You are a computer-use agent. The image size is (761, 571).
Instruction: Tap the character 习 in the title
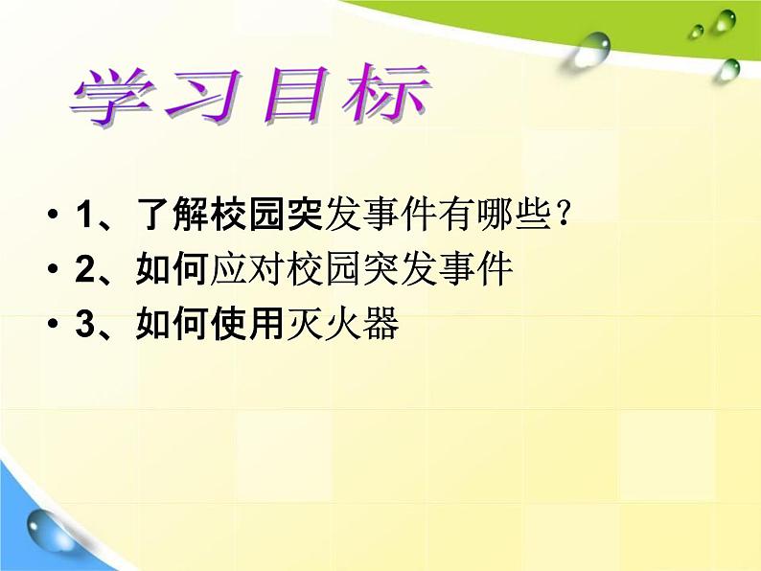click(203, 95)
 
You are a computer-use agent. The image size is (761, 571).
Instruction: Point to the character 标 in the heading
click(385, 93)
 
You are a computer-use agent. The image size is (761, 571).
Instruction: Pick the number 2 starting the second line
click(85, 269)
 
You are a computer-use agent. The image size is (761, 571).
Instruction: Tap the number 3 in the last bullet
click(85, 323)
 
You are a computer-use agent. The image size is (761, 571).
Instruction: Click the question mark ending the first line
click(564, 215)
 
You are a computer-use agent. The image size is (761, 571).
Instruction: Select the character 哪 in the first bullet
click(496, 215)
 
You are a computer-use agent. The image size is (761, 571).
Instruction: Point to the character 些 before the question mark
click(534, 215)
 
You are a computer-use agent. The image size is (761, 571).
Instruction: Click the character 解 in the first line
click(191, 215)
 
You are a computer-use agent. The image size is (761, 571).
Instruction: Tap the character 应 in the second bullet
click(229, 269)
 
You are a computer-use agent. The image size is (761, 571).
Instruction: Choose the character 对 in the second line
click(266, 269)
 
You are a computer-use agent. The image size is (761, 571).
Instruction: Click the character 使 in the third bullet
click(229, 323)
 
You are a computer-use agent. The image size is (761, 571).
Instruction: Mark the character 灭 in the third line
click(304, 323)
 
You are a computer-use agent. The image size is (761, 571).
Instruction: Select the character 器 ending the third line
click(381, 323)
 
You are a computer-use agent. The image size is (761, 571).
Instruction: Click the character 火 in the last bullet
click(343, 323)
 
